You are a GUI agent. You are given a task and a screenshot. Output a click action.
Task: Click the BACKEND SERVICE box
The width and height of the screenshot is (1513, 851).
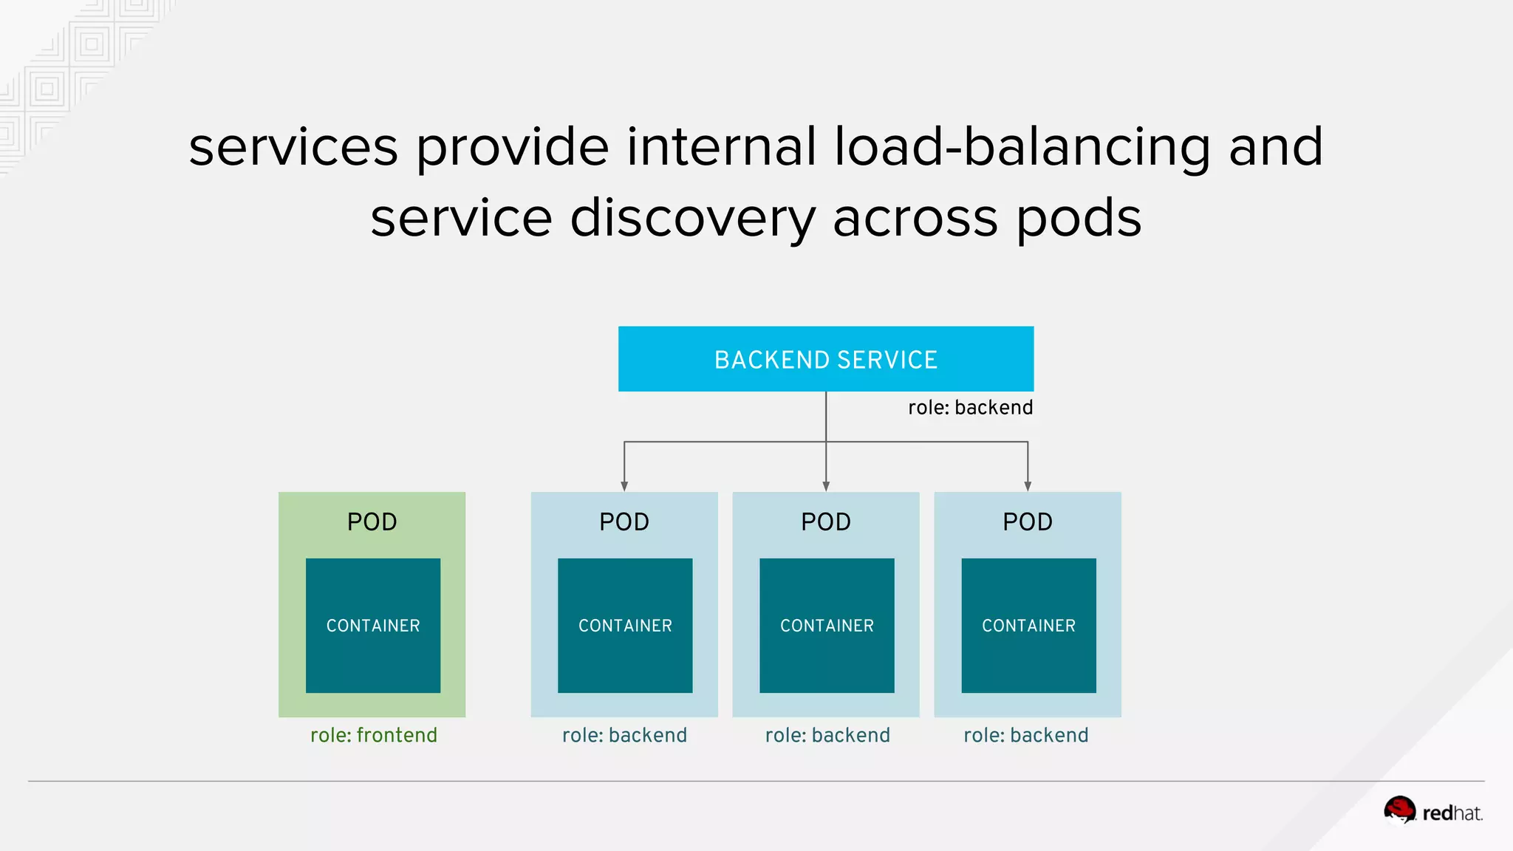pos(825,359)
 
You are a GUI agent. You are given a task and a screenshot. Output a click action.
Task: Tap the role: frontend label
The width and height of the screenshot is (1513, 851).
pos(373,735)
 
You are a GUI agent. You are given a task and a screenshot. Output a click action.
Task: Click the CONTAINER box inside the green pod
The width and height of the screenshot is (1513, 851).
pos(373,625)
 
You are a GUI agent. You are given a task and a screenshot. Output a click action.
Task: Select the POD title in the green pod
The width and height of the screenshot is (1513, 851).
pos(372,522)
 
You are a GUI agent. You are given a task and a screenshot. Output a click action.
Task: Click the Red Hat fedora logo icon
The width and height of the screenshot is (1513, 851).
pos(1399,810)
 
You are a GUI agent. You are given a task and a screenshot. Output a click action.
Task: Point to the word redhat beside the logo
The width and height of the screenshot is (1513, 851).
pos(1452,813)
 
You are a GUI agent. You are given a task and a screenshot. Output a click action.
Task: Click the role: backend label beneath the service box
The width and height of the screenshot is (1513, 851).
pos(970,408)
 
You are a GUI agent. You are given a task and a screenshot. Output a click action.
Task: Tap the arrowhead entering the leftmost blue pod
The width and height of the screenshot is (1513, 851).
pos(624,486)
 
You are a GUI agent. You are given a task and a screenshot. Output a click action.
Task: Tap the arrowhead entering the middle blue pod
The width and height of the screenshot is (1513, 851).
pos(826,486)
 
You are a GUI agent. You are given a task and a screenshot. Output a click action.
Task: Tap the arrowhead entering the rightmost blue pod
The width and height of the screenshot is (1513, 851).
pos(1028,486)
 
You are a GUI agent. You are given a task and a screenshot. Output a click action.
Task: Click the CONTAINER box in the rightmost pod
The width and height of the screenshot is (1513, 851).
pos(1028,625)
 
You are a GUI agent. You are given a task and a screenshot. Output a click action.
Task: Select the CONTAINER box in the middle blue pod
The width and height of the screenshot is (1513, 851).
pos(827,625)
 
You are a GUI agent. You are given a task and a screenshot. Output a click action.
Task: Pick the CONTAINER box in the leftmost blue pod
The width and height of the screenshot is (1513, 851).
pos(625,625)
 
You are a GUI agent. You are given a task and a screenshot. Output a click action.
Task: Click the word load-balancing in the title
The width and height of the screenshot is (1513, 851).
pos(1022,146)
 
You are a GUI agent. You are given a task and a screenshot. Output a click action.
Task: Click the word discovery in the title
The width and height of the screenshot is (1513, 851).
pos(692,218)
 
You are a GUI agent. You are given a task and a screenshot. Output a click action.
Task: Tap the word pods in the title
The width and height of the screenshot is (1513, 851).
pos(1079,218)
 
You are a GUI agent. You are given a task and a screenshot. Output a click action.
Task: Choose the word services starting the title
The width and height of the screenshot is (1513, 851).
pos(293,146)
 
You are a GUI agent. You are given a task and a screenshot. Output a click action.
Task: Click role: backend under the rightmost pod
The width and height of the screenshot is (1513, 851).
pos(1025,735)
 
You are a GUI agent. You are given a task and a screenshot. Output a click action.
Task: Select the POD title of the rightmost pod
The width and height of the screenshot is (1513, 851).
pos(1027,522)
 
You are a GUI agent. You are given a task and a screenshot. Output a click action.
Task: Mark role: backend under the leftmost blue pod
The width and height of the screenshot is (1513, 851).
pos(624,735)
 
